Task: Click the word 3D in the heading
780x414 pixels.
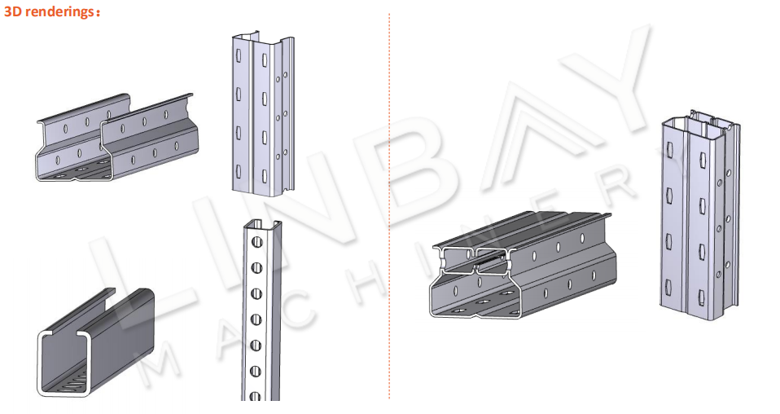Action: (x=13, y=11)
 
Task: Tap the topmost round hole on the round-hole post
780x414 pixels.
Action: (x=256, y=242)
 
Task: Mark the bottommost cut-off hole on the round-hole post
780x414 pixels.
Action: (x=256, y=397)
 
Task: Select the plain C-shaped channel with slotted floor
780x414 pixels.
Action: (x=95, y=343)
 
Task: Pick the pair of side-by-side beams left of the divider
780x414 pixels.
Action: (x=116, y=138)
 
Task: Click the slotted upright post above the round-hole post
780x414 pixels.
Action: (x=263, y=115)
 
